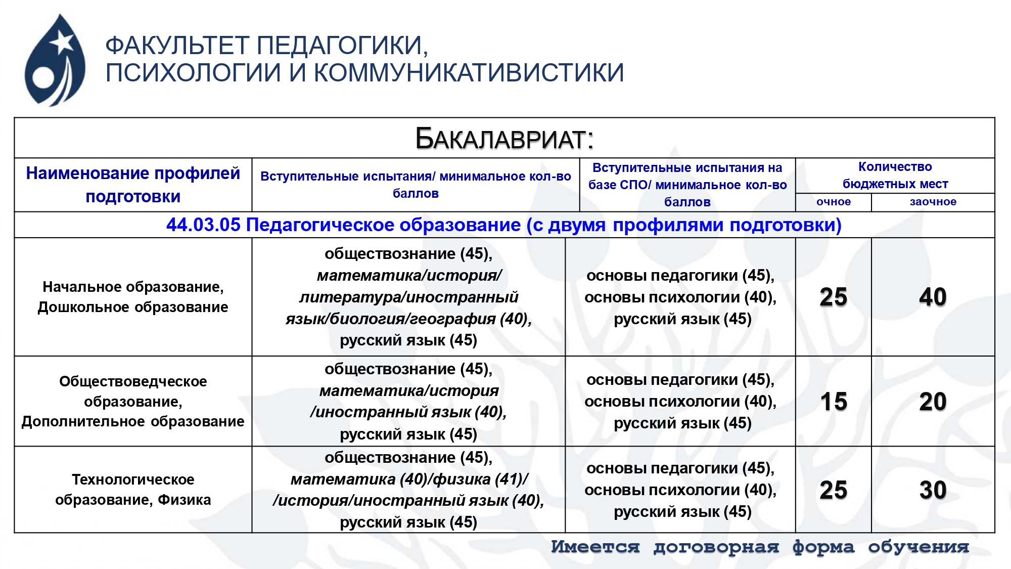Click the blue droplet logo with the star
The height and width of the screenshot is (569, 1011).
[x=55, y=60]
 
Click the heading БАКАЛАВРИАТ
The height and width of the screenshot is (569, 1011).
[x=504, y=139]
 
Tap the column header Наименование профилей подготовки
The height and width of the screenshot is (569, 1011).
[x=133, y=185]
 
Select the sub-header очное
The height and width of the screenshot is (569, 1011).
[x=834, y=202]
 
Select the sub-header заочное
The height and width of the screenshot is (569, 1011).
[x=933, y=202]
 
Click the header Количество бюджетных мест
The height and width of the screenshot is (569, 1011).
[x=895, y=176]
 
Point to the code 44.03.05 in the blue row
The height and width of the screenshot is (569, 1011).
[x=203, y=225]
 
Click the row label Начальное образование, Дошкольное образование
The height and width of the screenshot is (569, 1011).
[x=133, y=297]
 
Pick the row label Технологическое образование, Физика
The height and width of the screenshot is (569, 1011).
[x=133, y=490]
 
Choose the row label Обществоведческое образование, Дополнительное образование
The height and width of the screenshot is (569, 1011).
[x=133, y=401]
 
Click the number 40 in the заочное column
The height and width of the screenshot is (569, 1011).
[x=933, y=297]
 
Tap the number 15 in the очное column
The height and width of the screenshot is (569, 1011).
[x=834, y=402]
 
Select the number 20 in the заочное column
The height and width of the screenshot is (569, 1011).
[x=933, y=402]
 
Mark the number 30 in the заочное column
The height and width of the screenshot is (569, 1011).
[x=933, y=490]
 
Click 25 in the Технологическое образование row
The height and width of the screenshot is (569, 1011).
[x=834, y=490]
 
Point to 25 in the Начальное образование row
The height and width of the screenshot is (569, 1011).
[x=834, y=297]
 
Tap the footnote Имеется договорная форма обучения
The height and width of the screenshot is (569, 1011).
[x=760, y=547]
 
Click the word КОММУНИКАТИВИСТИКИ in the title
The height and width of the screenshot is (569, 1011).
[x=469, y=72]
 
